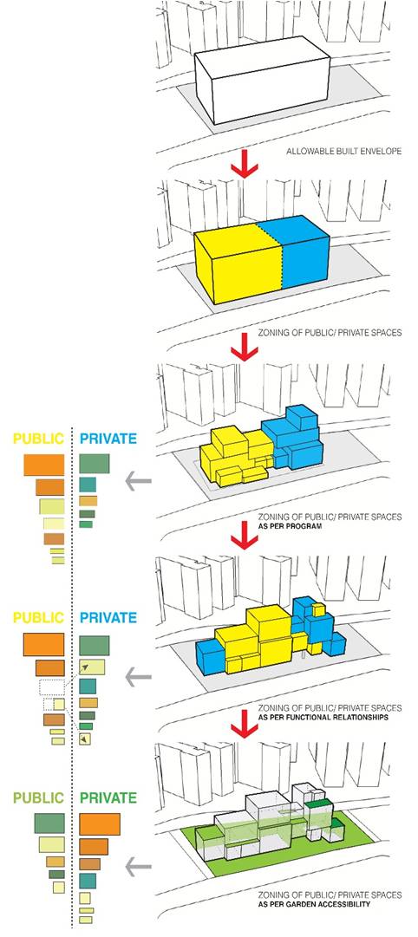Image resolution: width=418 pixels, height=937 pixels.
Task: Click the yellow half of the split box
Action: pos(237,263)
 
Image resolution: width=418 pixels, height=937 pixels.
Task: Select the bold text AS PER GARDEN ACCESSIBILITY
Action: pos(315,904)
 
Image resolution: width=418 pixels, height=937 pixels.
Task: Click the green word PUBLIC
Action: pos(39,797)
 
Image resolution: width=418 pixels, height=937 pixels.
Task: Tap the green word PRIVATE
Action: pos(108,797)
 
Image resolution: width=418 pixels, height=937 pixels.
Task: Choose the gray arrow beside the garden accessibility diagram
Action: pos(138,866)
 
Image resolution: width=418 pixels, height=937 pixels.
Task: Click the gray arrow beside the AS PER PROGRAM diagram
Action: pos(138,480)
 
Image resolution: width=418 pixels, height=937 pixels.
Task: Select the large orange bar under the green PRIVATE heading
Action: pos(100,823)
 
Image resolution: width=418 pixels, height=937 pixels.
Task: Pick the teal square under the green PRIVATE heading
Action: pos(88,880)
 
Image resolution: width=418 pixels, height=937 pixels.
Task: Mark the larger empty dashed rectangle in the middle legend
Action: pos(51,687)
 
